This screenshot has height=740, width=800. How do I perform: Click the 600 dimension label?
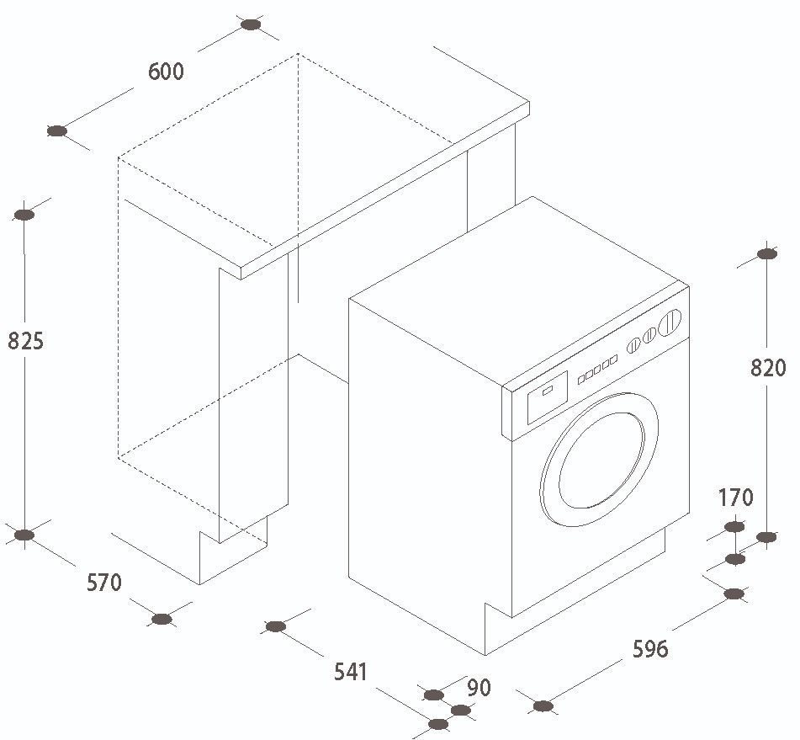(166, 71)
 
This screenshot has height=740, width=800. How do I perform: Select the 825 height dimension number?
(25, 341)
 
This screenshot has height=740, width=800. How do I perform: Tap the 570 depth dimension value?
(104, 583)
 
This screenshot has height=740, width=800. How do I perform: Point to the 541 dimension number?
(351, 672)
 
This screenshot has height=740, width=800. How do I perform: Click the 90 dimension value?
(479, 688)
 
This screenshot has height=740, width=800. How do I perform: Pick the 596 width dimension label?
(650, 648)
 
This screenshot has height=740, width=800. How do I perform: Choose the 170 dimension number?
(735, 497)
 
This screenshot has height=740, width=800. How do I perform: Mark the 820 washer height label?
(768, 367)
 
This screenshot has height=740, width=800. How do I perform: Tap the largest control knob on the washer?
(670, 322)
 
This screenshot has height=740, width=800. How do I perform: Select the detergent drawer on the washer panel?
(548, 397)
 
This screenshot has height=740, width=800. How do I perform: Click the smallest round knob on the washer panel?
(633, 345)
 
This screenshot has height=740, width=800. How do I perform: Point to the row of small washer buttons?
(597, 370)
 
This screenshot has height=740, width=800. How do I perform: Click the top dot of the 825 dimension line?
(24, 215)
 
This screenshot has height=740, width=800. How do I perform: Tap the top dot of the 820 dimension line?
(766, 253)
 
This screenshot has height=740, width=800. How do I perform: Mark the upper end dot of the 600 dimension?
(251, 24)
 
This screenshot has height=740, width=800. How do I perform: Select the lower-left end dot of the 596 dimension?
(543, 706)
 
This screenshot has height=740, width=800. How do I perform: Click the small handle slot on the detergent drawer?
(547, 391)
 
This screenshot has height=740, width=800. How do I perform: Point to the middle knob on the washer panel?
(649, 336)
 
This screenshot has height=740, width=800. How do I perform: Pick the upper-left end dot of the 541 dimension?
(276, 626)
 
